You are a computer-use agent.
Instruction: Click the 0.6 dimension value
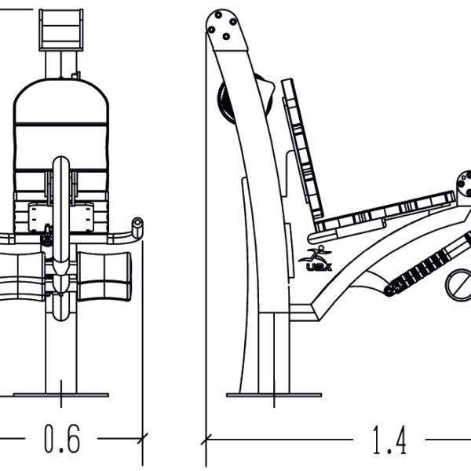pyautogui.click(x=61, y=440)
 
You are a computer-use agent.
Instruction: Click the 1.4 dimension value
pyautogui.click(x=390, y=440)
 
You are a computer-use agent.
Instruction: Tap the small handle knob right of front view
pyautogui.click(x=138, y=228)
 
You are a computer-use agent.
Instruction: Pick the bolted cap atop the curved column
pyautogui.click(x=225, y=28)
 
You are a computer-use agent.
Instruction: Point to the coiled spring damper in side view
pyautogui.click(x=422, y=268)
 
